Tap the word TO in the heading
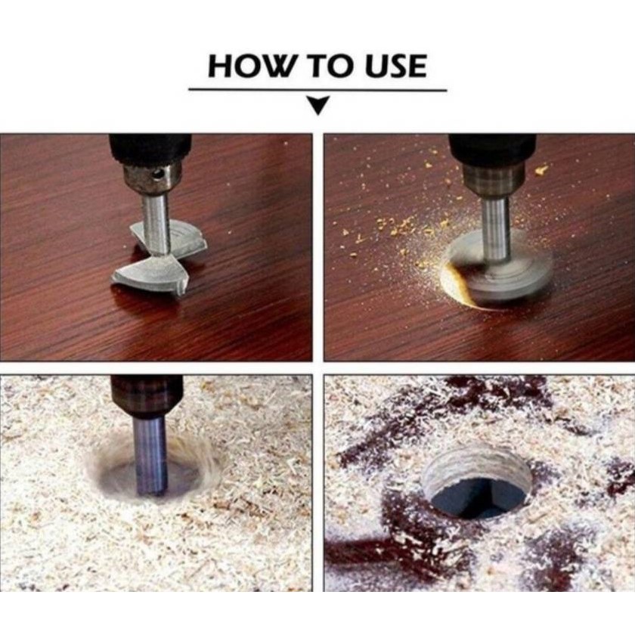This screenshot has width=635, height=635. click(x=331, y=66)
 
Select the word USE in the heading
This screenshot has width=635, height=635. click(x=395, y=66)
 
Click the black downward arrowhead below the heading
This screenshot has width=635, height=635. click(x=318, y=105)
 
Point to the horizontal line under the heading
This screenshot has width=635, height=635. click(x=317, y=90)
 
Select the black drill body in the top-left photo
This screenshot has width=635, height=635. click(x=150, y=149)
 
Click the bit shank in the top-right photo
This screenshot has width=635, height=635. click(x=495, y=229)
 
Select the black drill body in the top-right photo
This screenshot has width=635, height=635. click(x=492, y=148)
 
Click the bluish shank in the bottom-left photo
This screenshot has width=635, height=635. click(x=150, y=454)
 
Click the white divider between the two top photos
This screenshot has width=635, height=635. click(x=318, y=247)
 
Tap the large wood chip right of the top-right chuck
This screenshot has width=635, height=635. click(x=541, y=170)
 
